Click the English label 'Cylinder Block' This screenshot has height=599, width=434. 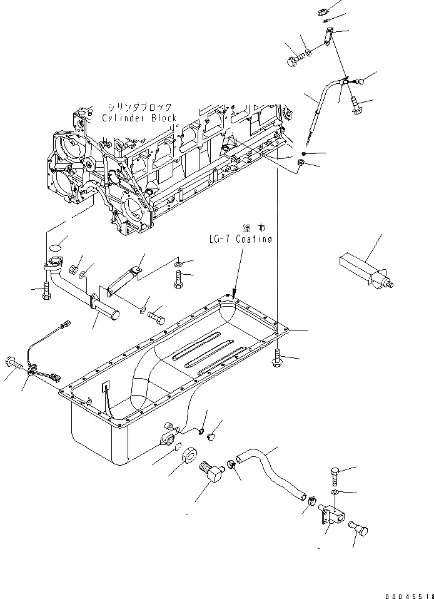point(139,118)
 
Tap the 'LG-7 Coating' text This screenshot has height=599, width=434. point(241,238)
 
